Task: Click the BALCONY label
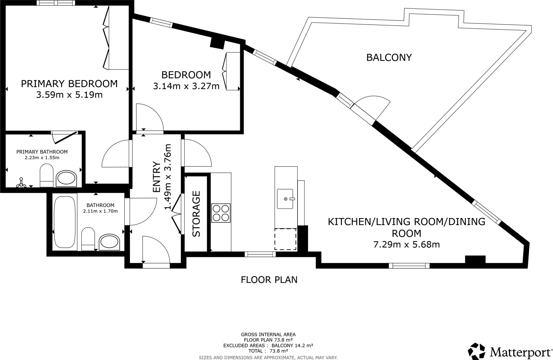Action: [x=389, y=57]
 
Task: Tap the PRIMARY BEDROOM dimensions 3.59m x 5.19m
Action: [x=69, y=95]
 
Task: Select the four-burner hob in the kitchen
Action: [x=221, y=213]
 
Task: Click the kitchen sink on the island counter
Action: [x=285, y=199]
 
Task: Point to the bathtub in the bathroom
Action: [x=65, y=222]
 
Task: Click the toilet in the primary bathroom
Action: [x=47, y=175]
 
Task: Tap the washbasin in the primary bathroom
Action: [x=66, y=178]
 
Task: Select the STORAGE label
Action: [x=196, y=214]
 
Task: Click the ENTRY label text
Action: [x=156, y=177]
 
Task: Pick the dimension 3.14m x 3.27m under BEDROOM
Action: [x=186, y=86]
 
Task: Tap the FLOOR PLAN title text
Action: [x=269, y=280]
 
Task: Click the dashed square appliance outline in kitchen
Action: [x=285, y=239]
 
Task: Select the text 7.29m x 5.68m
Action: [x=406, y=244]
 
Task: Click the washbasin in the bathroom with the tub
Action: [x=109, y=242]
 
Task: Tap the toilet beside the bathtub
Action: [x=88, y=239]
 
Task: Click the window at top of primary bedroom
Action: [x=56, y=3]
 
